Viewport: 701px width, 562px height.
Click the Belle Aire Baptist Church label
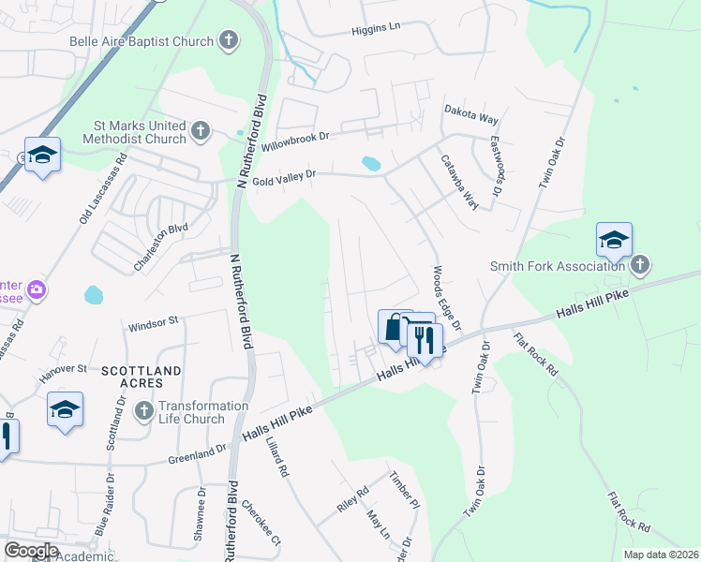pos(141,41)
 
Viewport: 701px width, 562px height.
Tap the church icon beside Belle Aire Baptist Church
pos(228,40)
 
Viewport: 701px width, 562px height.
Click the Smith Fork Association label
pos(559,265)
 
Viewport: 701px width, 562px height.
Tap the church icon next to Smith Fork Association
pos(640,264)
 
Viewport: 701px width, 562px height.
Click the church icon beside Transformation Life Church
pos(143,411)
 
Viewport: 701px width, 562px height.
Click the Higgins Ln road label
pos(376,28)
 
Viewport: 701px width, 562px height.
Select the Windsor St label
pos(153,321)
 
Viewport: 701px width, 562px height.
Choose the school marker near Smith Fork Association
pos(614,241)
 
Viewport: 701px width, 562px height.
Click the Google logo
pos(32,550)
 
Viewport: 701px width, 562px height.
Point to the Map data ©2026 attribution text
pos(659,555)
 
